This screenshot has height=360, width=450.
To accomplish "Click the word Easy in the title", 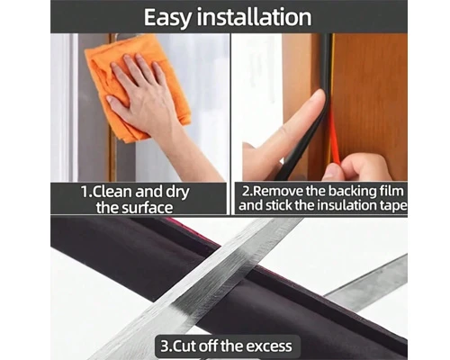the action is coord(167,18).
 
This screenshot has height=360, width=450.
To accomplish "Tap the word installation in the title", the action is coord(254,17).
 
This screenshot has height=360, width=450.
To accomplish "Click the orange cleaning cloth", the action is coord(138,87).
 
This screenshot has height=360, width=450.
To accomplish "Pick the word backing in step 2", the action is coord(353,192).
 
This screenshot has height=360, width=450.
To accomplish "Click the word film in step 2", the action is coord(392,191).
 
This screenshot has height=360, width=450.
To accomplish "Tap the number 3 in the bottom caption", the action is coord(165,346).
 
